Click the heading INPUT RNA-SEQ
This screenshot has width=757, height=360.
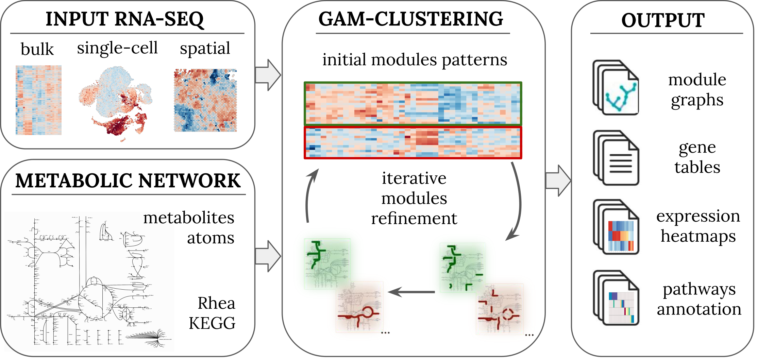click(x=124, y=19)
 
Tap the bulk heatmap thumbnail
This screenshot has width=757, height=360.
click(x=38, y=100)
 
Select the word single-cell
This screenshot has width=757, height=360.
click(x=117, y=48)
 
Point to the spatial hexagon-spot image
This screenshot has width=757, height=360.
click(x=205, y=100)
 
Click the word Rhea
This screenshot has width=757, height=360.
click(x=216, y=303)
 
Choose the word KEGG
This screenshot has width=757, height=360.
click(x=212, y=323)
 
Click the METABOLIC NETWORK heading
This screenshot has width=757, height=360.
click(x=128, y=181)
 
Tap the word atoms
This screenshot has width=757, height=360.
click(x=211, y=238)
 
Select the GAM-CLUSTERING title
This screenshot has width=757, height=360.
click(x=410, y=19)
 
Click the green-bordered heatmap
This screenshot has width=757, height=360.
click(x=413, y=104)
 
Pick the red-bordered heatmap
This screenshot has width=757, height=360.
click(x=413, y=143)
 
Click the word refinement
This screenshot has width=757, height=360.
click(x=414, y=218)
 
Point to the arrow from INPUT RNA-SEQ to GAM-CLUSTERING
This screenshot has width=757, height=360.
click(x=268, y=75)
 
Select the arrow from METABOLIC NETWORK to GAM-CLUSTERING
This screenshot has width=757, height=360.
click(x=268, y=256)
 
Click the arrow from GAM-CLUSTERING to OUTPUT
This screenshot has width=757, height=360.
click(x=558, y=181)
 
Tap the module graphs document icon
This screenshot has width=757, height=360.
click(x=616, y=87)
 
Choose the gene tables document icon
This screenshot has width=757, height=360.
click(x=616, y=158)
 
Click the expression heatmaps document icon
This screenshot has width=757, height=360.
click(x=616, y=227)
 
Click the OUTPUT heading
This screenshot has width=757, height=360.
click(x=663, y=20)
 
